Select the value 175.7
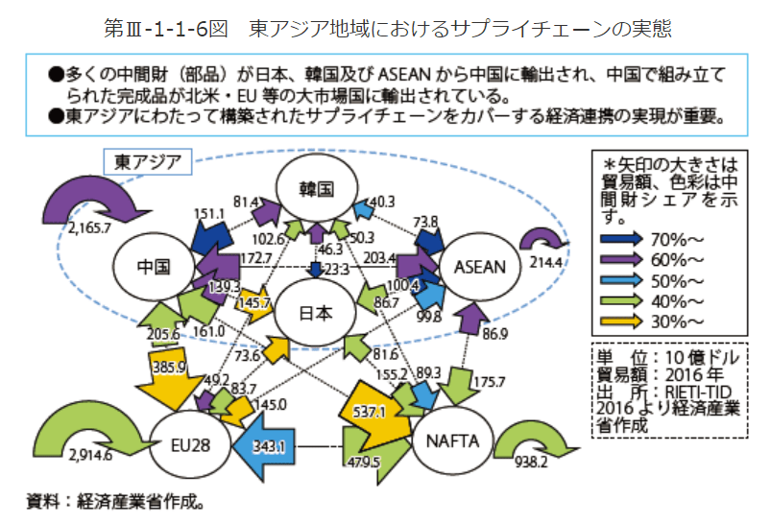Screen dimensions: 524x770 pos(489,381)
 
